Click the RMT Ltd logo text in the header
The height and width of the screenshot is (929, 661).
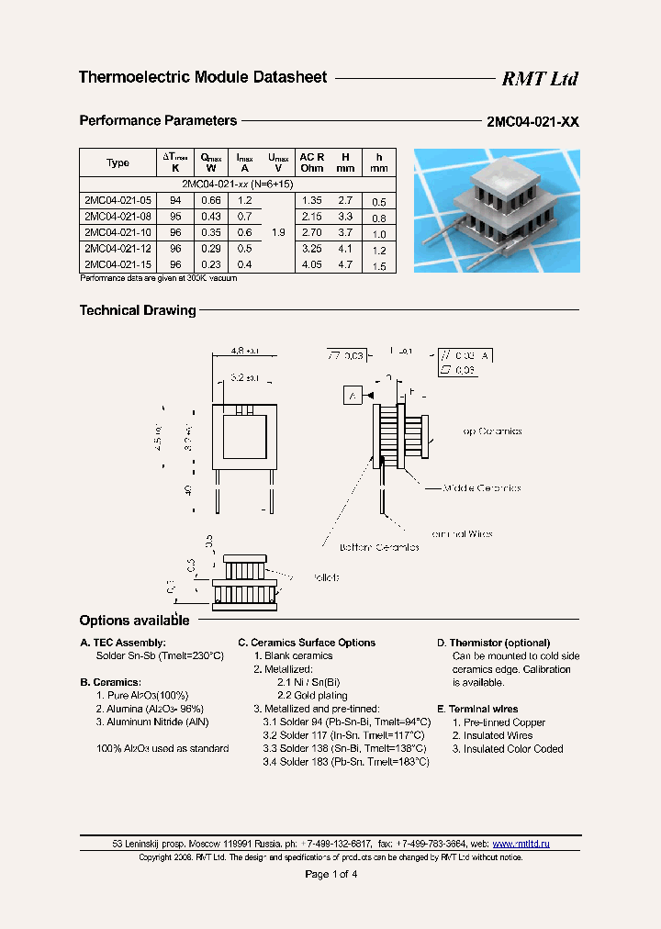[x=539, y=79]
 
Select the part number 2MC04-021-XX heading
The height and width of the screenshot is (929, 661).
[x=532, y=122]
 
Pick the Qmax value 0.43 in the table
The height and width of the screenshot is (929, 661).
[x=211, y=217]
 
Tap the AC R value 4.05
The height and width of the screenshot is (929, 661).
[x=311, y=264]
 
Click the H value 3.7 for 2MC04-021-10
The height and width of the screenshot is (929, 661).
[x=345, y=232]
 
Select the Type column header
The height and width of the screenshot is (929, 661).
[x=118, y=162]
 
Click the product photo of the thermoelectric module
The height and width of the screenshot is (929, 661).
[x=497, y=210]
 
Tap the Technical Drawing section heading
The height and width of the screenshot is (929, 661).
[x=138, y=310]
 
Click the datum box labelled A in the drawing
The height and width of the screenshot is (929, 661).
[x=353, y=396]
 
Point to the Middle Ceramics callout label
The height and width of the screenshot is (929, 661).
[x=482, y=488]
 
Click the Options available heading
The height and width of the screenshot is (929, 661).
[x=135, y=621]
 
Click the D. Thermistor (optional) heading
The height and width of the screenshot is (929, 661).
[x=493, y=643]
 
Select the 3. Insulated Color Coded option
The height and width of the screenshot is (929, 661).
[x=507, y=749]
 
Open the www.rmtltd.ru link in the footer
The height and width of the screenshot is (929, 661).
[x=521, y=843]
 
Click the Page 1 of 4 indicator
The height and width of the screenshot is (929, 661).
[x=330, y=874]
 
